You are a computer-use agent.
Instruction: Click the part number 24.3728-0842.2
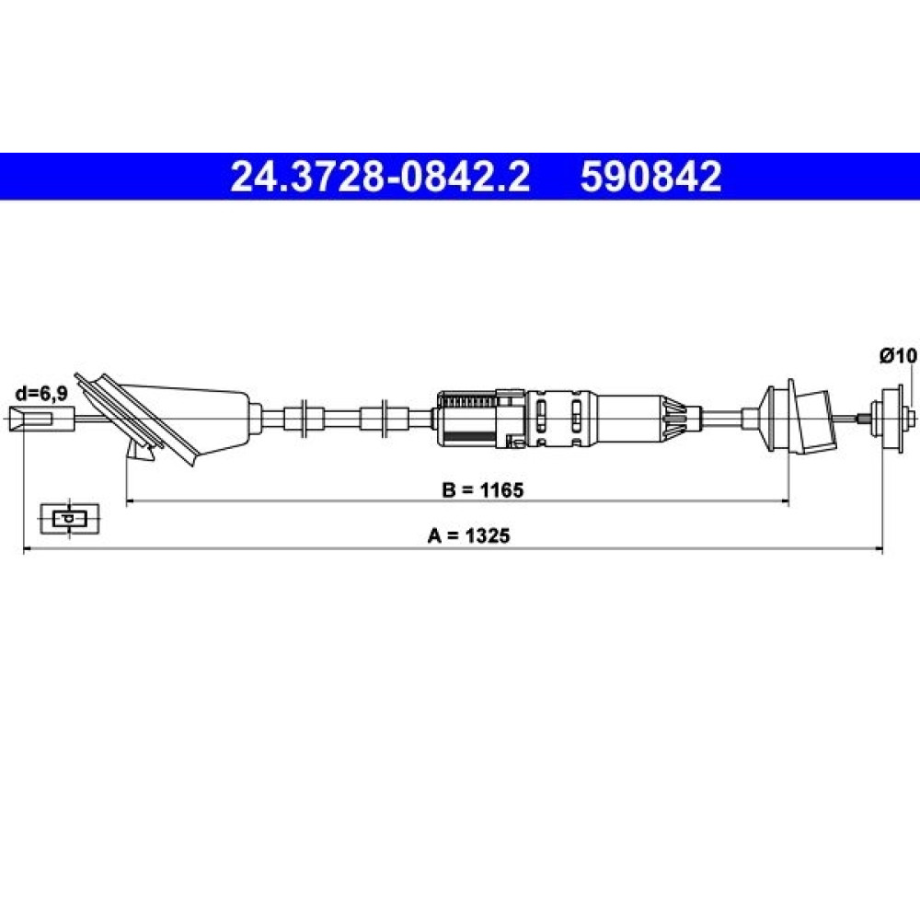tap(380, 177)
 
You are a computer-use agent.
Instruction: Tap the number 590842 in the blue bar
tap(650, 177)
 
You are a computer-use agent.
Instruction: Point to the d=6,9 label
tap(40, 393)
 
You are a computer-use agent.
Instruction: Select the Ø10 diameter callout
tap(898, 355)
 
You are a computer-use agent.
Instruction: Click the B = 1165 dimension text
tap(482, 489)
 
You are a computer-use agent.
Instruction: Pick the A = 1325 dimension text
tap(469, 535)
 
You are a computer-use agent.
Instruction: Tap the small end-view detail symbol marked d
tap(70, 519)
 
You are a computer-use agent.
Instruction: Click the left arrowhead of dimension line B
tap(131, 501)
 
